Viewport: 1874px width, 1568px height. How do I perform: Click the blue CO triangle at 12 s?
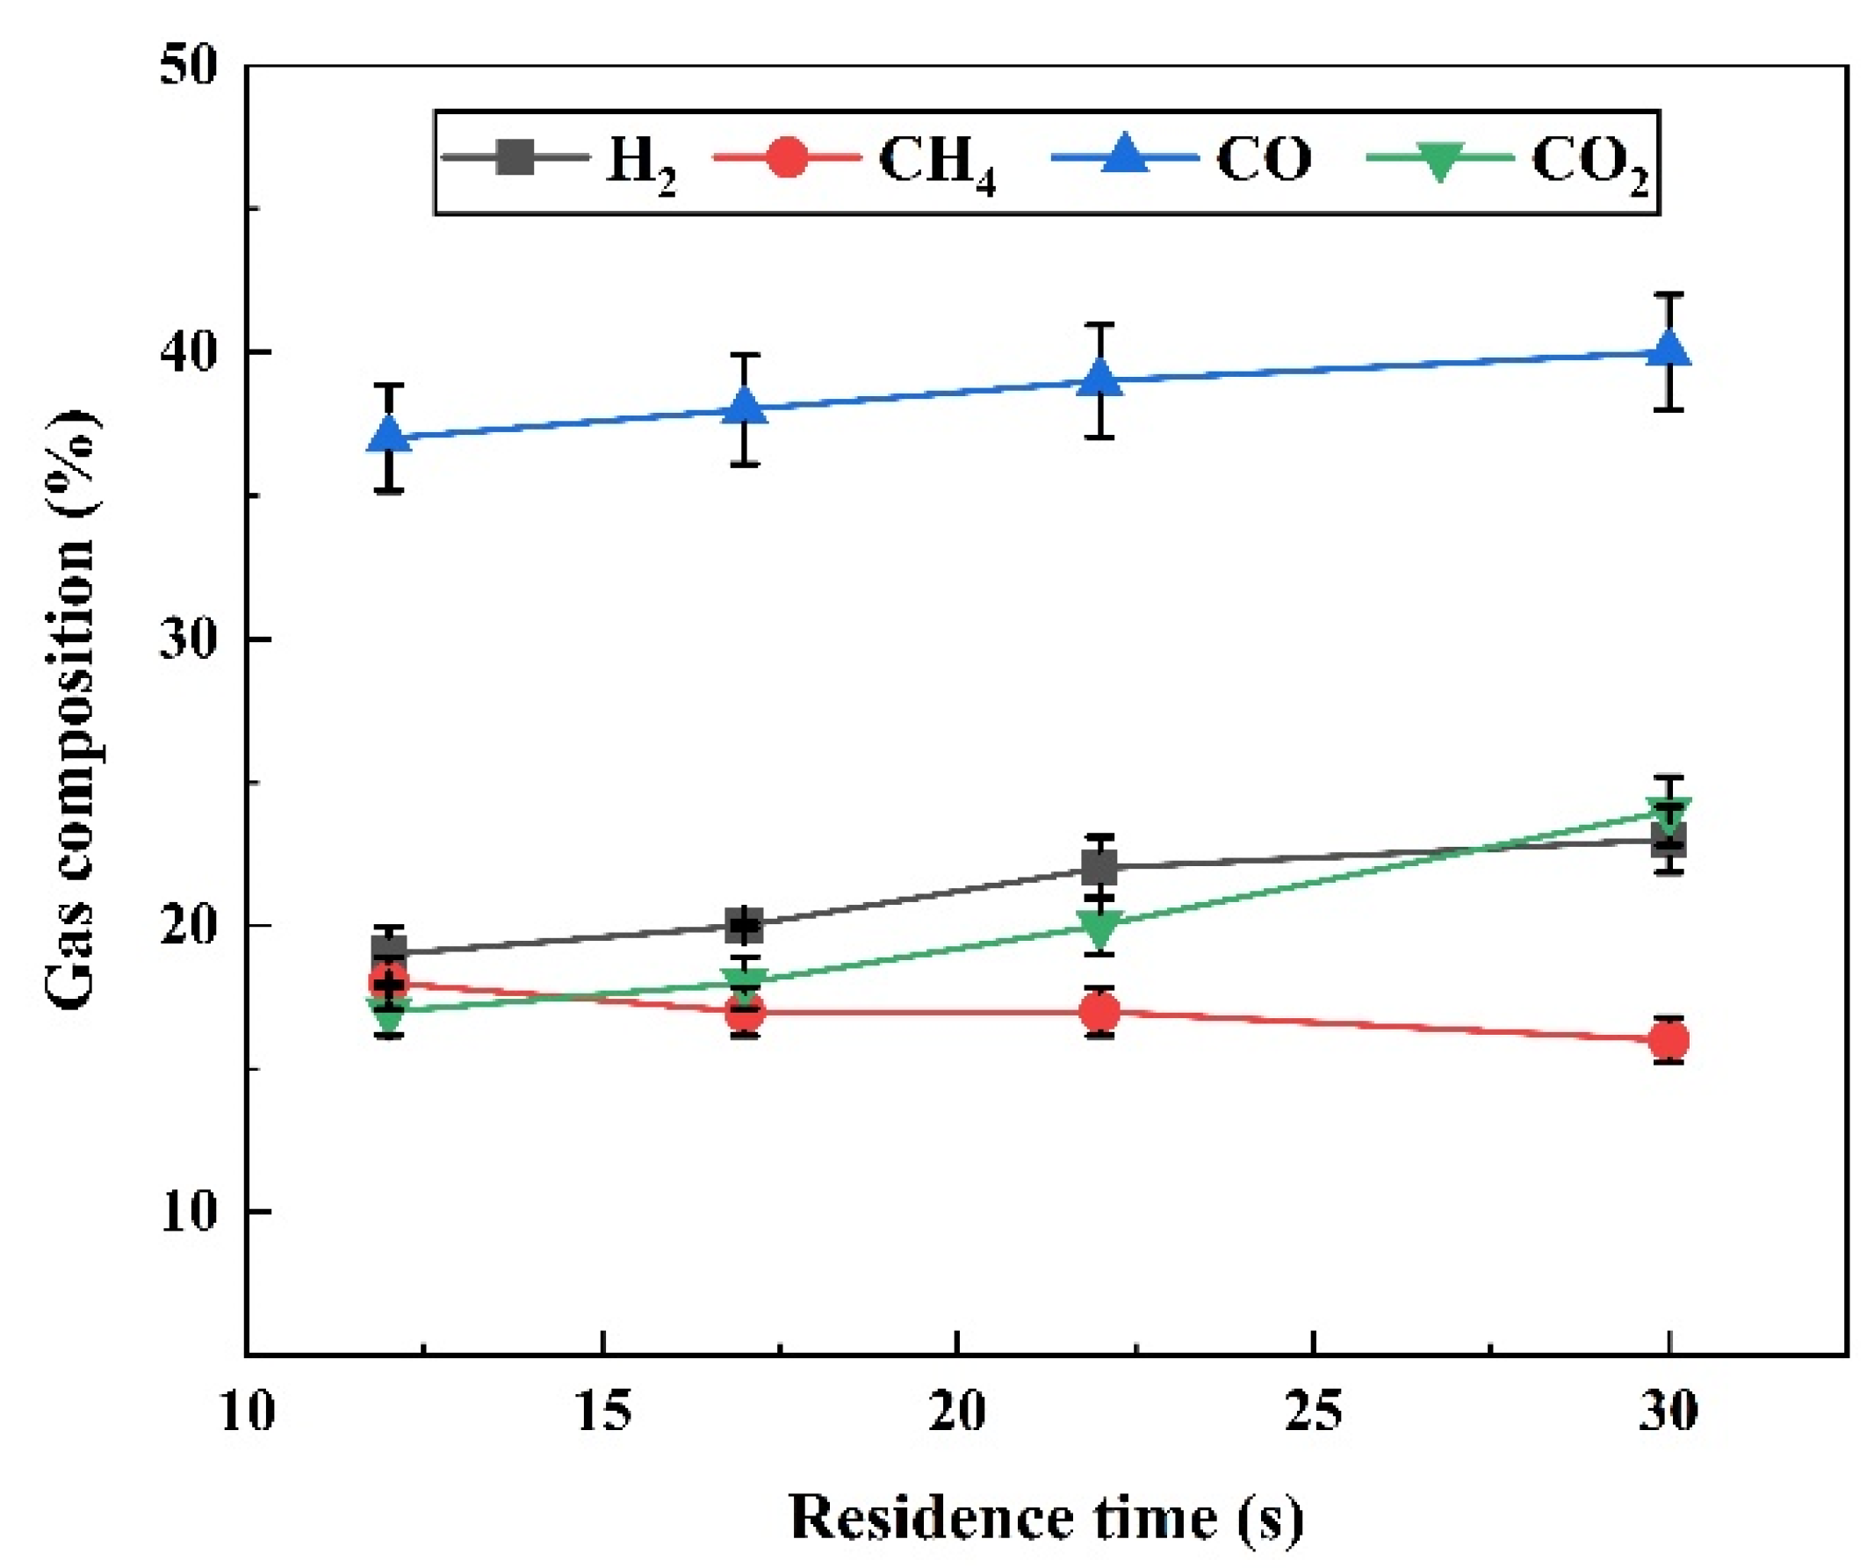click(389, 435)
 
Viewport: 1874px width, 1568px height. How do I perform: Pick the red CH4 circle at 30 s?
click(1668, 1040)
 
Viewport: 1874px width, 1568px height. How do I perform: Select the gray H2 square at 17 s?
click(745, 925)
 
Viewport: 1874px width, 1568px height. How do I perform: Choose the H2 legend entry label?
click(640, 163)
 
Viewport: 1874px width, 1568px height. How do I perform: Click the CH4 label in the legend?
click(935, 163)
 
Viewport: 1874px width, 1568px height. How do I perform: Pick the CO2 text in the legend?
click(1589, 163)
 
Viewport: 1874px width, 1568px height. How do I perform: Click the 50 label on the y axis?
click(190, 66)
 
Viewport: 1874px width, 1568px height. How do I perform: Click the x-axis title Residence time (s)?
click(1046, 1517)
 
